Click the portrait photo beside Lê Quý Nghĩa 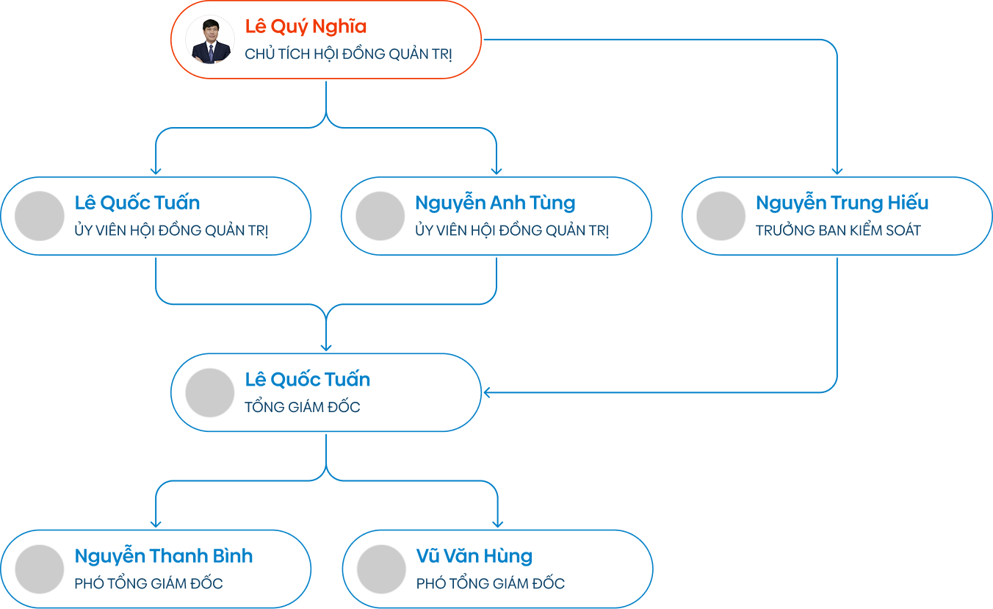click(x=210, y=40)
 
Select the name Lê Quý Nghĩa click(x=306, y=27)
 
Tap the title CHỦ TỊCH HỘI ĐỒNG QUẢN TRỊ click(x=348, y=54)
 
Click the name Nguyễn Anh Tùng click(x=495, y=203)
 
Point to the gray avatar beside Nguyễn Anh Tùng click(x=380, y=216)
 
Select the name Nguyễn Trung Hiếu click(x=842, y=203)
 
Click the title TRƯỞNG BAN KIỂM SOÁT click(x=838, y=231)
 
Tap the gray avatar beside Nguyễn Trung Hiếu click(x=721, y=216)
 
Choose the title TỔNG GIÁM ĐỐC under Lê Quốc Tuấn click(x=303, y=407)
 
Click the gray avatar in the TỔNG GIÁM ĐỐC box click(x=210, y=393)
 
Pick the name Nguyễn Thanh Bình click(x=164, y=556)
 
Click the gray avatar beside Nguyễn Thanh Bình click(x=40, y=569)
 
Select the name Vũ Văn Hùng click(x=474, y=556)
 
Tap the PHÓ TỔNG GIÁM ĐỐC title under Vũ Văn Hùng click(x=491, y=584)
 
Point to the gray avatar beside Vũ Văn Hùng click(x=381, y=569)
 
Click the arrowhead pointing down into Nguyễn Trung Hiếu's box click(x=837, y=170)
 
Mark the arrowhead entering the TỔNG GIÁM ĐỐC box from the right click(x=488, y=392)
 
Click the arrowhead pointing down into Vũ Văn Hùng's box click(x=497, y=523)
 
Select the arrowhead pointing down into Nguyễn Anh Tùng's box click(x=496, y=170)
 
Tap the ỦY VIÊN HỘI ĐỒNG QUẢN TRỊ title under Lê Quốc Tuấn click(x=171, y=231)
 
